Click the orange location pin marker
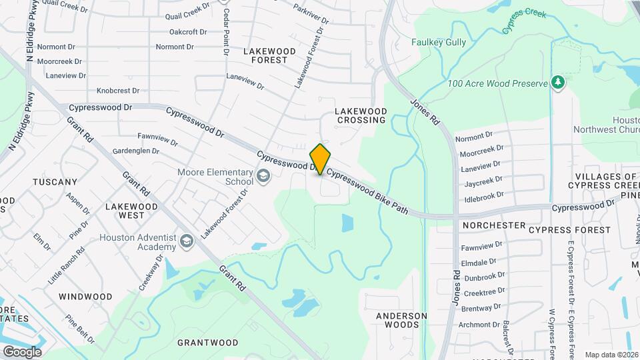321,159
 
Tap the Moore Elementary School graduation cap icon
263,176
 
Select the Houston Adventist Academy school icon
187,241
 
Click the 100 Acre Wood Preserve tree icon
559,83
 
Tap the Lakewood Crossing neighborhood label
361,115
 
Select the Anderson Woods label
401,321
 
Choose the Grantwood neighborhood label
208,343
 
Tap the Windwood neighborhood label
85,296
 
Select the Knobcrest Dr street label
117,91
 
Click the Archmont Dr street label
479,325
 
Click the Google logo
22,351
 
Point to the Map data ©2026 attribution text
611,355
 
